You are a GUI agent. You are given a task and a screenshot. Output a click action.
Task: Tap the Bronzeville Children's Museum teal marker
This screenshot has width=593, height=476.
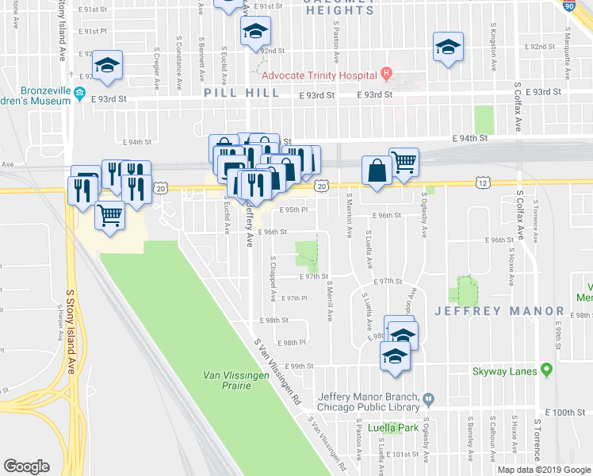point(80,95)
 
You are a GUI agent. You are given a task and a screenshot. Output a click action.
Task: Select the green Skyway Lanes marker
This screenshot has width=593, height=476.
point(546,370)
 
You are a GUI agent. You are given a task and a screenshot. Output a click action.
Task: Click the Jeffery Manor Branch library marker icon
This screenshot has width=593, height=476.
point(429,398)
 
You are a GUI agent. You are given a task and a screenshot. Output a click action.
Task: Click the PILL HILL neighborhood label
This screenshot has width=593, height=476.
point(241,93)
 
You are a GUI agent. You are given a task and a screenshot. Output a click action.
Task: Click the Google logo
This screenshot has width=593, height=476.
point(26,466)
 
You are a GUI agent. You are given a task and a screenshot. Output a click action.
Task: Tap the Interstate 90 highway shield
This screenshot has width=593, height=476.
point(569,5)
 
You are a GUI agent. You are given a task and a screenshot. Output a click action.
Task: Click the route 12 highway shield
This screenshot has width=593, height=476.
point(482,182)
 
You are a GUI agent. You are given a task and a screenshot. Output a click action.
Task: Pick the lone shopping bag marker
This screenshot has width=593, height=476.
point(377,172)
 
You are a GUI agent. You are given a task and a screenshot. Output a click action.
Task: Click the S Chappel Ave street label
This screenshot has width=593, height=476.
point(273,278)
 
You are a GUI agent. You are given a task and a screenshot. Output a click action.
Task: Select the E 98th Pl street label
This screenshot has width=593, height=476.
point(293,343)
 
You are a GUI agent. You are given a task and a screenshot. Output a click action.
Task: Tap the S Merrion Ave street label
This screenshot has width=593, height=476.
point(350,219)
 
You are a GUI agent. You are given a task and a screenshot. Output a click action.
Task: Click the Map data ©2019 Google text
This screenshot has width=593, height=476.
point(543,469)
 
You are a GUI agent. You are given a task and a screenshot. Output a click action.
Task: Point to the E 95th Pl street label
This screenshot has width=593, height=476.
point(293,210)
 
